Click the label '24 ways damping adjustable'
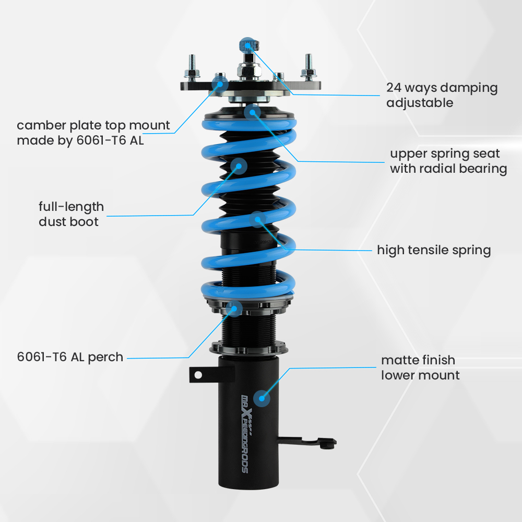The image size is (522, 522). (x=442, y=95)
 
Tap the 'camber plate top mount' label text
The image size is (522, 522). (x=93, y=133)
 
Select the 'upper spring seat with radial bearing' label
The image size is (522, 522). (x=448, y=161)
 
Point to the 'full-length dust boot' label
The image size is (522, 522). (x=71, y=214)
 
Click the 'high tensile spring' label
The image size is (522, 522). (x=434, y=250)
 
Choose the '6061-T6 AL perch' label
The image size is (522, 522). (x=70, y=358)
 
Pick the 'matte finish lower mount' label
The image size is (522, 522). (x=420, y=367)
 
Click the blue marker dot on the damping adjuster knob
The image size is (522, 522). (x=247, y=44)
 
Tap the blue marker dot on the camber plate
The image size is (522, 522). (x=220, y=82)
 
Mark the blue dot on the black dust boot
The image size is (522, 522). (x=239, y=166)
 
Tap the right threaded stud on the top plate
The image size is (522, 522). (x=308, y=65)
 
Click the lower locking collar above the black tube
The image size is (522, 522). (x=250, y=347)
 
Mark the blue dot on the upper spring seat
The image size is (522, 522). (x=252, y=111)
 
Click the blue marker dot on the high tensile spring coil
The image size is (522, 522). (x=257, y=219)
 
